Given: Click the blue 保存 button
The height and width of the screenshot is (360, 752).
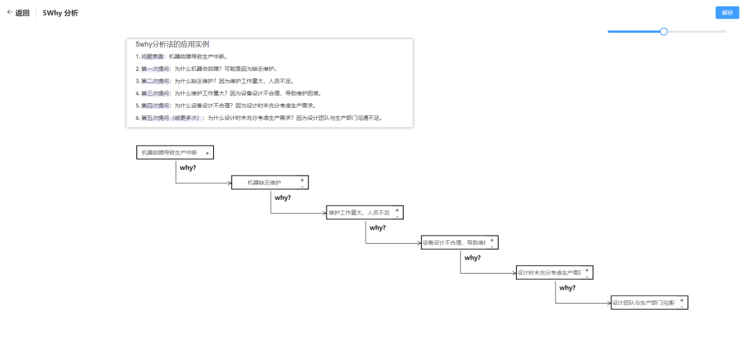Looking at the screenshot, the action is [727, 13].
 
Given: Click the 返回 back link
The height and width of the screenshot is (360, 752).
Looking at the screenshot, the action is [19, 13].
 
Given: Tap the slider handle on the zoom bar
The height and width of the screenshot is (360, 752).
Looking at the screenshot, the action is [664, 31].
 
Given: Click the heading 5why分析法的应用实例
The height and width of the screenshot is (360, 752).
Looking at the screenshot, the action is [173, 45].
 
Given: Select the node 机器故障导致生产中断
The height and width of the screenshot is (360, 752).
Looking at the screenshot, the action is [169, 152].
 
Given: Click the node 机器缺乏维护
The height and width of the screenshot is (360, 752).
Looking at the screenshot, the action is [265, 182].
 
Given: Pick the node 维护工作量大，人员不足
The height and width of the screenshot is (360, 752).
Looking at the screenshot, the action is [359, 212].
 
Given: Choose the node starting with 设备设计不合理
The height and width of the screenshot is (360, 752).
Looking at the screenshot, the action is [454, 242].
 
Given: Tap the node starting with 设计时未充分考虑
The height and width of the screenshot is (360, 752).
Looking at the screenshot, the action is [549, 272].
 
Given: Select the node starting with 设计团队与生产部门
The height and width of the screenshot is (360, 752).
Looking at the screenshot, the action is [643, 302].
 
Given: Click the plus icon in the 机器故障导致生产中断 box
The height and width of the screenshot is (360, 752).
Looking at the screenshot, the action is [207, 152].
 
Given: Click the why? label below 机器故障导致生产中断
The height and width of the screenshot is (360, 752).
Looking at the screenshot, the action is [188, 168].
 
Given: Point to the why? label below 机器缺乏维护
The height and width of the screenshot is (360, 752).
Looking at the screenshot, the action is [283, 198].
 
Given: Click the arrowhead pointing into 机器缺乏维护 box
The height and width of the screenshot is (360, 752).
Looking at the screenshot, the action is [229, 183].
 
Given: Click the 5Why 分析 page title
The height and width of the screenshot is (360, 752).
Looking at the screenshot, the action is [61, 13].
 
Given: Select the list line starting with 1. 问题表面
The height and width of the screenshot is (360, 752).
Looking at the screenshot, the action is [182, 56].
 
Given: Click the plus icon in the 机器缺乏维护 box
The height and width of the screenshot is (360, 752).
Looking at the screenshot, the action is [302, 180].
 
